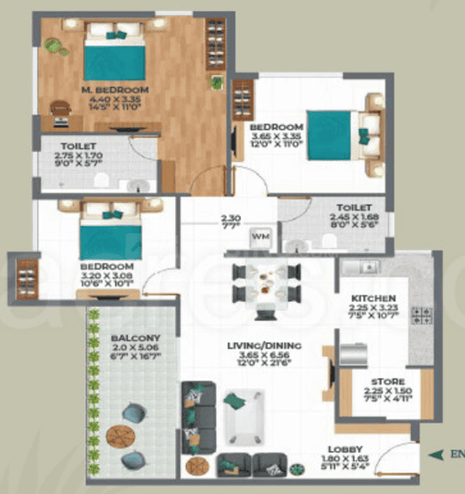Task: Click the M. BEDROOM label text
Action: [114, 90]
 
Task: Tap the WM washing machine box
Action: [261, 235]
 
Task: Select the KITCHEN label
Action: [375, 298]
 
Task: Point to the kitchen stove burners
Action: [424, 317]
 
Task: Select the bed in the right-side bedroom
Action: [339, 134]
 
